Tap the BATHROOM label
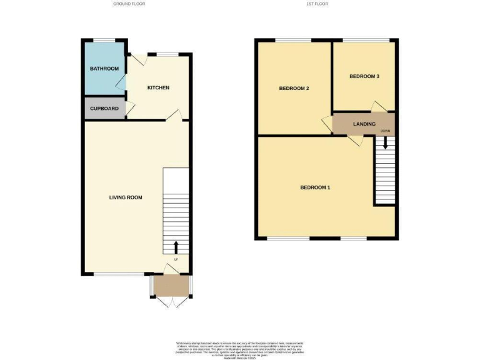(x=104, y=68)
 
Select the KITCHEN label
(x=158, y=87)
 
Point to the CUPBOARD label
(x=104, y=108)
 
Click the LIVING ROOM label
(x=126, y=197)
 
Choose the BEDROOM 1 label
(x=315, y=187)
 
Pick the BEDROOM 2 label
(x=294, y=88)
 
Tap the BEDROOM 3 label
(x=364, y=76)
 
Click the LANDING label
(x=364, y=124)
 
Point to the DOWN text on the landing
(x=386, y=131)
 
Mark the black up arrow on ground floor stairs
(x=176, y=246)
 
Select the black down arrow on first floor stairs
(x=385, y=142)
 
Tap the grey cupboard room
(x=105, y=108)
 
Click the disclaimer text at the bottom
(x=239, y=347)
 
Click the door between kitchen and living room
(x=177, y=114)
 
